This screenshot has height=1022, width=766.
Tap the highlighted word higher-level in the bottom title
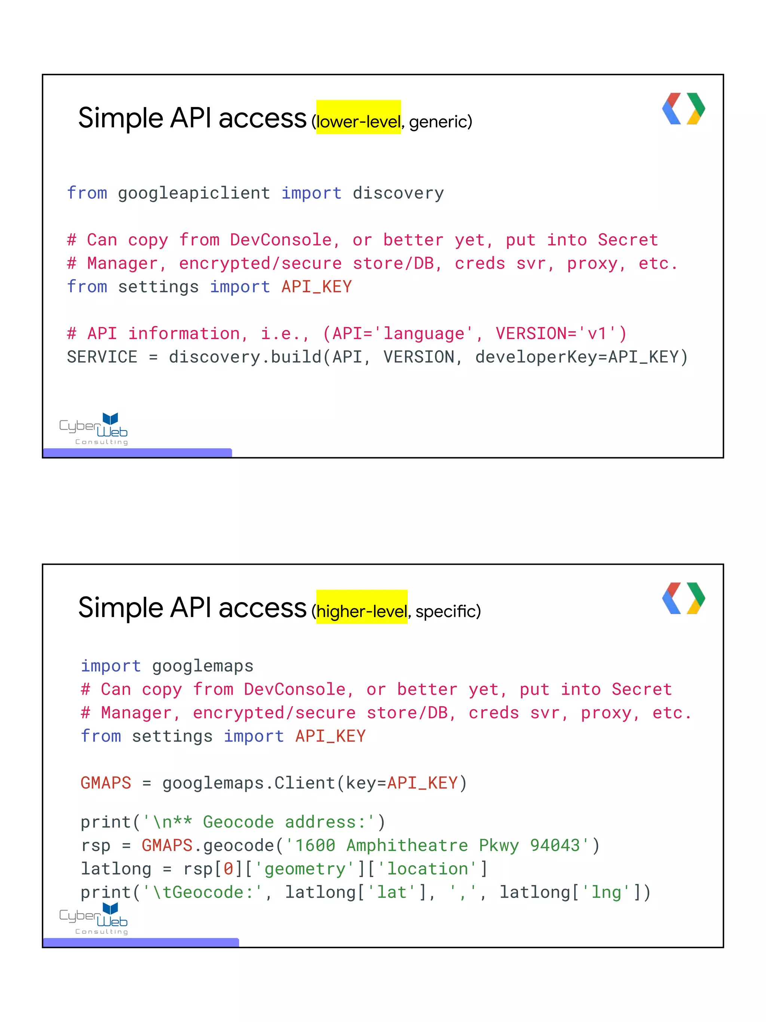pos(362,611)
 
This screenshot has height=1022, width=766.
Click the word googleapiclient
pos(194,193)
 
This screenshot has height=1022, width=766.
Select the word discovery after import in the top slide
pos(398,193)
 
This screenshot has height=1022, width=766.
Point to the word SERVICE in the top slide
pos(102,357)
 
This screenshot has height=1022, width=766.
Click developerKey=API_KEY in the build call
pos(577,357)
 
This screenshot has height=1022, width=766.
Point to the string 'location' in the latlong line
pos(427,869)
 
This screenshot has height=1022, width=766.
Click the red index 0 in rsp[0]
pos(228,869)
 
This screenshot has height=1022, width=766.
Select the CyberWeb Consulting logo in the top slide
pos(94,429)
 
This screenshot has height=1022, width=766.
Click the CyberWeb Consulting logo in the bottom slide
pos(94,918)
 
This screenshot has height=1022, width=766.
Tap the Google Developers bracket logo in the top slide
pos(683,109)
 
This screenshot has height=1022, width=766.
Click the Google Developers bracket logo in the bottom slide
pos(683,598)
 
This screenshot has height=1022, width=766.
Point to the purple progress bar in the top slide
pos(137,453)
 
